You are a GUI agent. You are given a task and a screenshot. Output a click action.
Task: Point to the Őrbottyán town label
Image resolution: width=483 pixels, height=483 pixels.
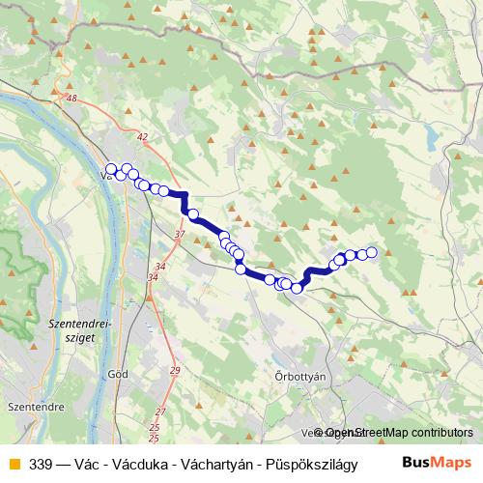coord(303,375)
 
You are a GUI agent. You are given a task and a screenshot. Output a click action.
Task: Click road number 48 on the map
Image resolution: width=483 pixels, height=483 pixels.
coord(71,99)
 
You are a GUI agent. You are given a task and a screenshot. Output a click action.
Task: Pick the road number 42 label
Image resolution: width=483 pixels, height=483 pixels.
coord(143,137)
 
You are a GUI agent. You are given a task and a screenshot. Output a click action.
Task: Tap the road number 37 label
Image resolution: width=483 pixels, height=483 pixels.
coord(180,235)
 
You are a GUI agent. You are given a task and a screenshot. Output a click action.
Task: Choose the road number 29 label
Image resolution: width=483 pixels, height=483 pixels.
coord(175,371)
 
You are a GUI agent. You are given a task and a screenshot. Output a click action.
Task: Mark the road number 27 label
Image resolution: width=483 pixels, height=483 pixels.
coord(160,412)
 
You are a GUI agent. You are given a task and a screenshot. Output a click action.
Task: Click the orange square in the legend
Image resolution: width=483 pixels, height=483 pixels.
coord(14,462)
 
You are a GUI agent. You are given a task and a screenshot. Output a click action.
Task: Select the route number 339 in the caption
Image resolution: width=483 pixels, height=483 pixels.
coord(42,462)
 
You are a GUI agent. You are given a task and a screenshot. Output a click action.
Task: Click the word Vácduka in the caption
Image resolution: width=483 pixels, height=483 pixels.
coord(130,462)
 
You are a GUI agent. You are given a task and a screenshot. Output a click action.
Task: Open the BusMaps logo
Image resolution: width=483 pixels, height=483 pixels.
coord(437,461)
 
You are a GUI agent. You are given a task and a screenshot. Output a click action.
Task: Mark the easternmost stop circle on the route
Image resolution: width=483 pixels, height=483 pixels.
coord(372,253)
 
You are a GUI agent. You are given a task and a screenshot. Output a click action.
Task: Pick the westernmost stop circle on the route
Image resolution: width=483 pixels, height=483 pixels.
coord(111,168)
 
